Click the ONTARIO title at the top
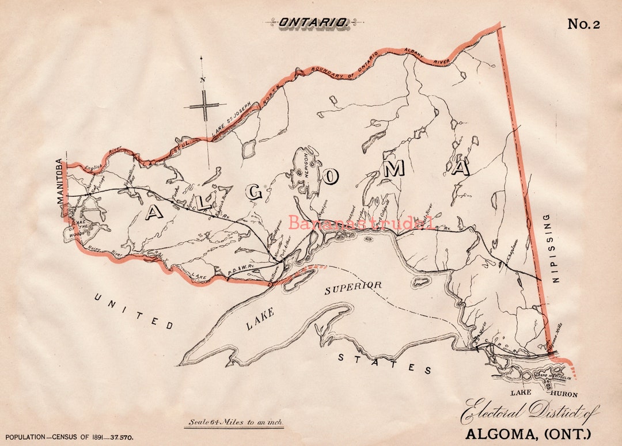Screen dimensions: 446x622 click(313, 22)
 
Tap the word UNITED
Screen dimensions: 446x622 click(134, 311)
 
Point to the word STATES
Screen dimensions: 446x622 click(384, 363)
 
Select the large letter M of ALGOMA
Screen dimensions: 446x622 click(395, 168)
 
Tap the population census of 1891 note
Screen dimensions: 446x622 click(69, 437)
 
